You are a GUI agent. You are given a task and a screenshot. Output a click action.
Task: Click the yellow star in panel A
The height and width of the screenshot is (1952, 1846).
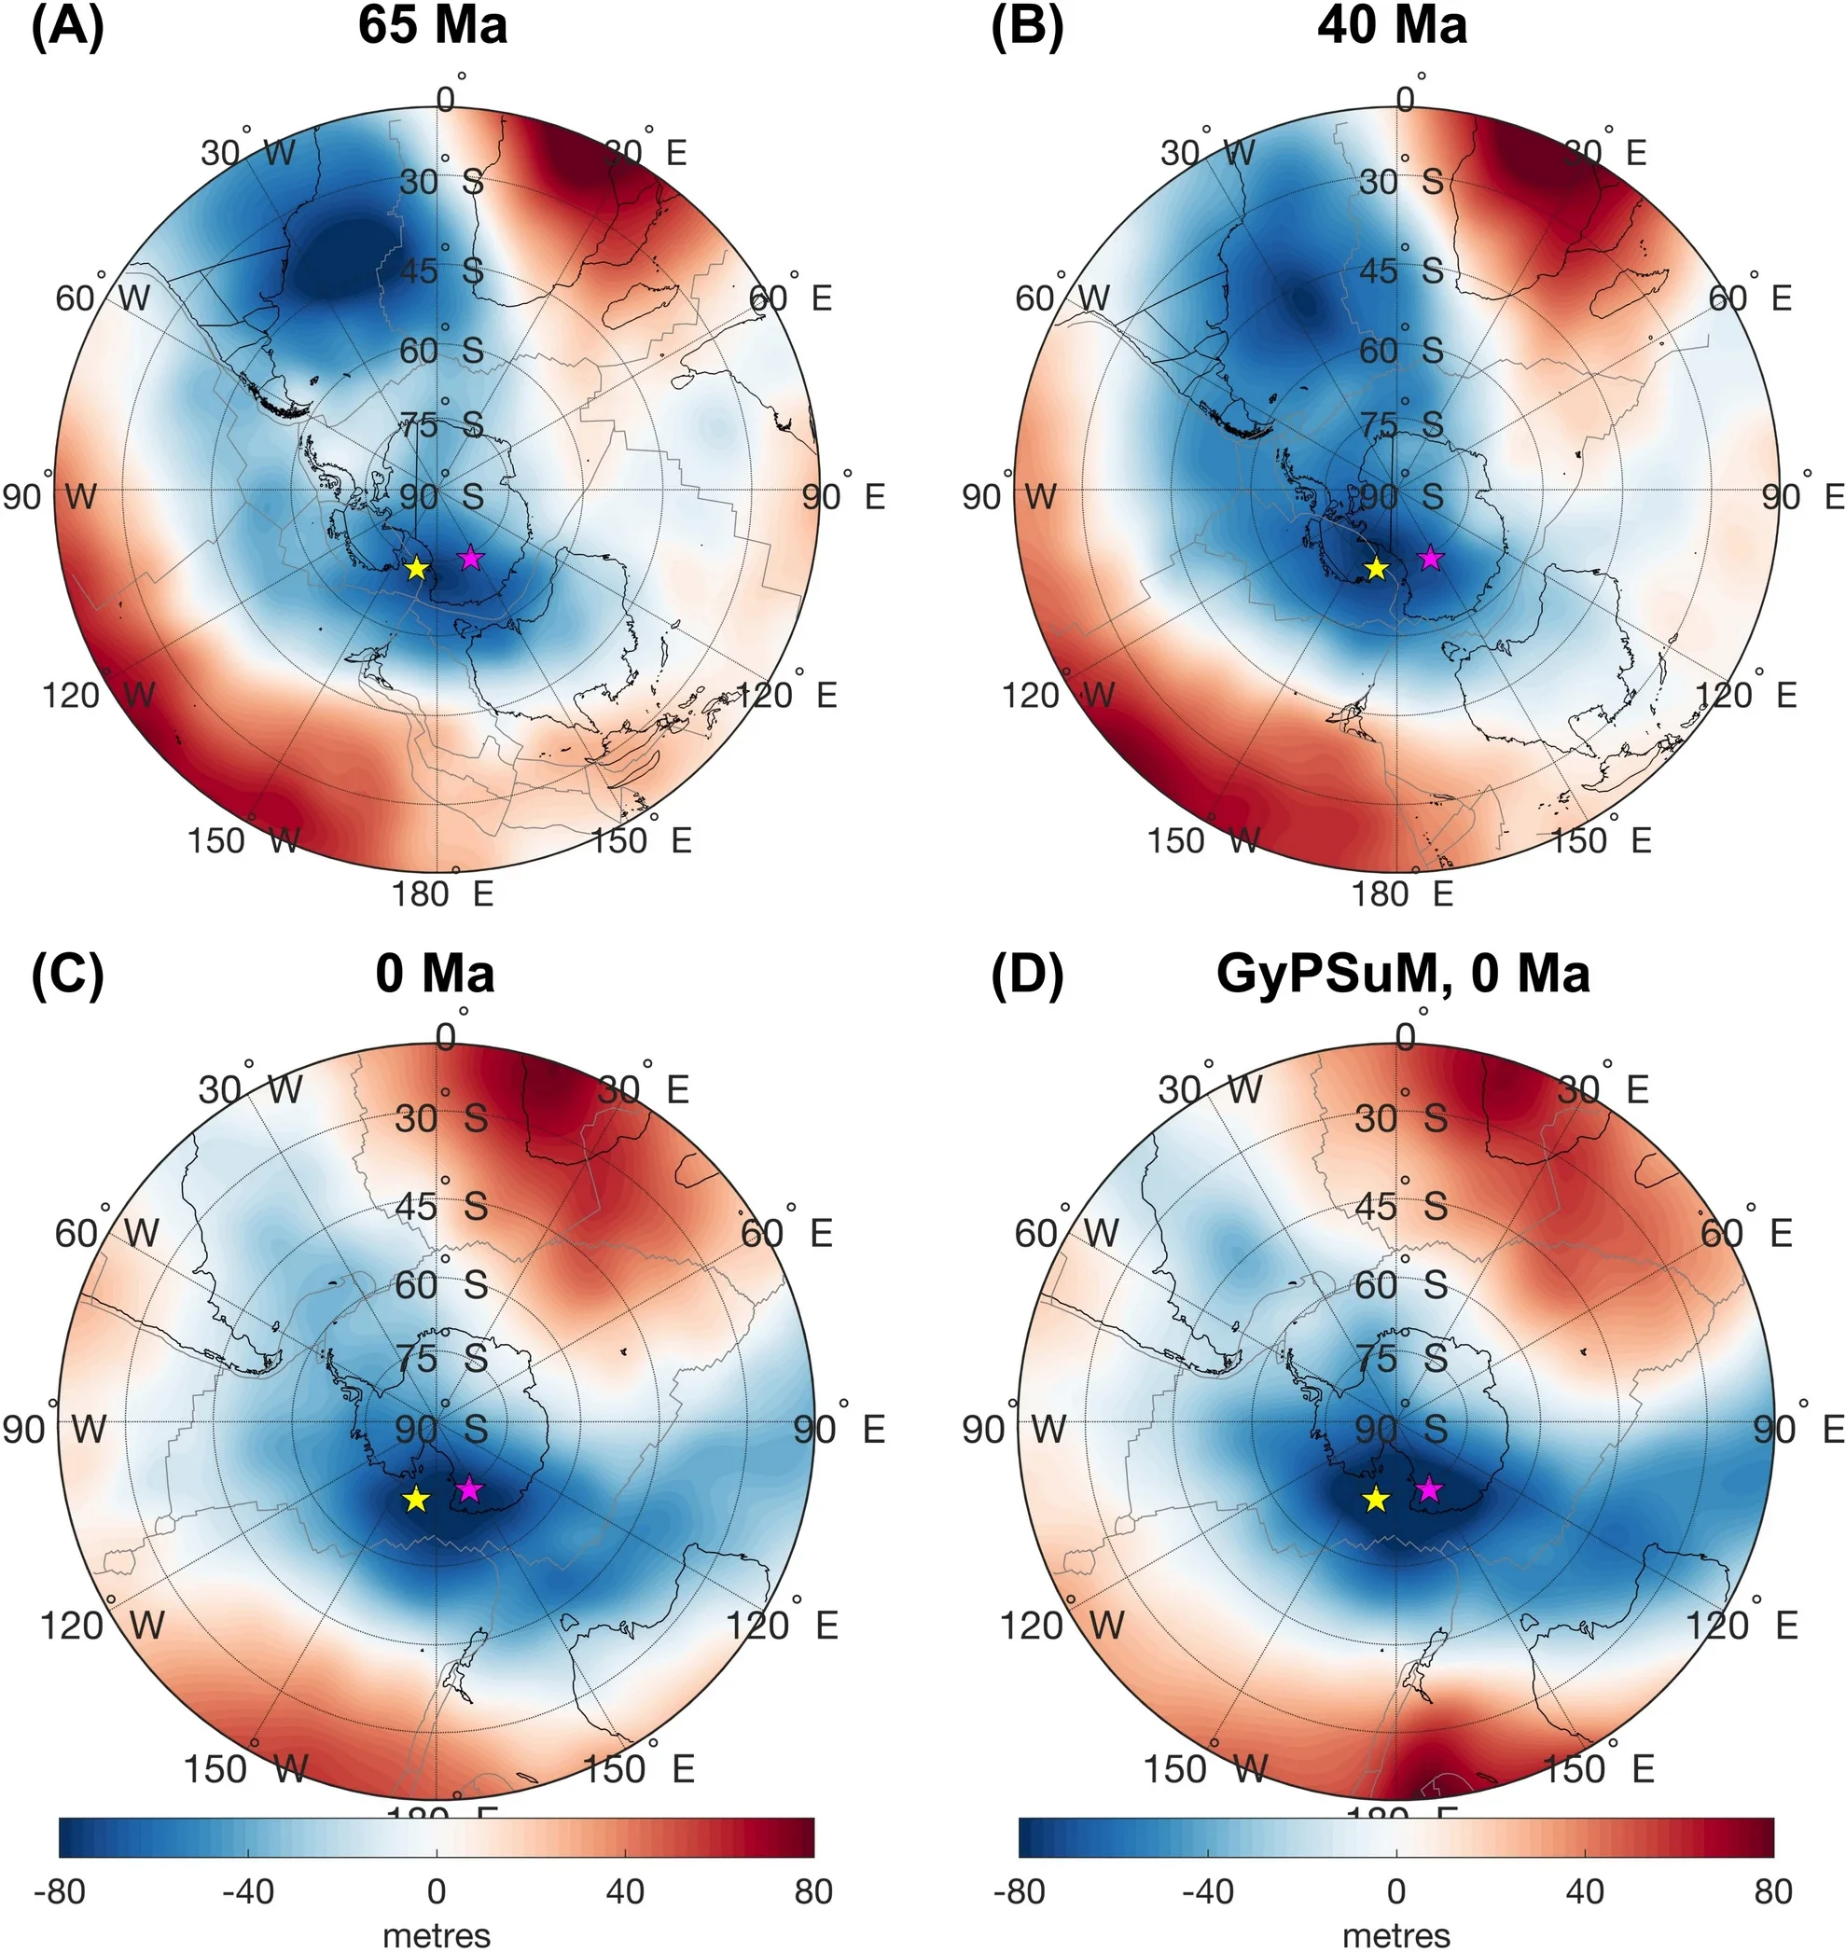(x=417, y=568)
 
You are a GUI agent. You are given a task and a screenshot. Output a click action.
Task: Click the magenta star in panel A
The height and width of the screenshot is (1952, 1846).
(x=470, y=558)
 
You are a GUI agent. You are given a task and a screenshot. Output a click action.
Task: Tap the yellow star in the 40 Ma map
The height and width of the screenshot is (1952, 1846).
(x=1376, y=568)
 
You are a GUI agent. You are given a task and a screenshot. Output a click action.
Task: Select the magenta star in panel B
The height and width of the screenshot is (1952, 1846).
(x=1430, y=558)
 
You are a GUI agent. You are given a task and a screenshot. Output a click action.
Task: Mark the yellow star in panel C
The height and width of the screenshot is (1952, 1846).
(x=416, y=1499)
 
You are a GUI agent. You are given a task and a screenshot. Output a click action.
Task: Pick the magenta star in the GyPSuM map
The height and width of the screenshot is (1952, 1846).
(x=1429, y=1489)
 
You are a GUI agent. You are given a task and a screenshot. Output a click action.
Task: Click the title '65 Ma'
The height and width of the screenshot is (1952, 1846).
(x=432, y=26)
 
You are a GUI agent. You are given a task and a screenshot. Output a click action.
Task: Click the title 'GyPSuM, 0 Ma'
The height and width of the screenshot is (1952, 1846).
(x=1402, y=974)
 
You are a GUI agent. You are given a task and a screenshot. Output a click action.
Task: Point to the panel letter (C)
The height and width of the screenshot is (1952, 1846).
(x=67, y=974)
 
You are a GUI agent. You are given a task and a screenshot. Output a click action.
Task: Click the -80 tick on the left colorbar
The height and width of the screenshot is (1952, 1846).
(x=59, y=1890)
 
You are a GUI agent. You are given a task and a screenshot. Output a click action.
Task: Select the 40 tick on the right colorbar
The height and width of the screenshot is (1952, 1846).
(x=1584, y=1890)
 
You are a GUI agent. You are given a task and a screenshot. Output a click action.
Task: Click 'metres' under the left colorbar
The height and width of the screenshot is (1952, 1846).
(x=436, y=1934)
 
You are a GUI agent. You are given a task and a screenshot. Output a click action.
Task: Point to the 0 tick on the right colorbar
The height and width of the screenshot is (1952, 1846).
(x=1396, y=1890)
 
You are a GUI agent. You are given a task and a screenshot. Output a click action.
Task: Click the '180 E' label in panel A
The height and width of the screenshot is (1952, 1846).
(x=442, y=893)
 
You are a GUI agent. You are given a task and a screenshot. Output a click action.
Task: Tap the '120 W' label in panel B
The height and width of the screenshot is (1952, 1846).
(x=1058, y=695)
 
